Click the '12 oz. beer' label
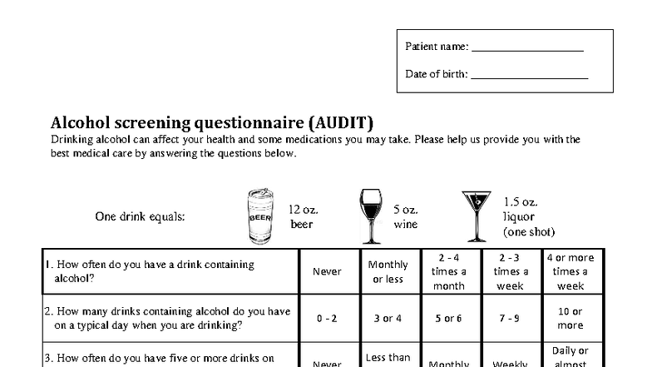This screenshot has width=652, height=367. pyautogui.click(x=303, y=217)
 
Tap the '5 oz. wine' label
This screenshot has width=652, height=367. pyautogui.click(x=405, y=217)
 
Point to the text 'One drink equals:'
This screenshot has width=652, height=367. pyautogui.click(x=140, y=217)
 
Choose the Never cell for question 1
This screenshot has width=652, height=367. pyautogui.click(x=327, y=271)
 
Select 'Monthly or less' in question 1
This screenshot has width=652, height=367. pyautogui.click(x=388, y=271)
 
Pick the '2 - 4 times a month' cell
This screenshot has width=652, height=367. pyautogui.click(x=449, y=271)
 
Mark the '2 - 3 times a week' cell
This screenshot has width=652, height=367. pyautogui.click(x=511, y=271)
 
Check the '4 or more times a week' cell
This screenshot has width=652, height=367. pyautogui.click(x=570, y=271)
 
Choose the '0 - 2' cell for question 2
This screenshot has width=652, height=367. pyautogui.click(x=327, y=319)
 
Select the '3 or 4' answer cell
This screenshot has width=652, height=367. pyautogui.click(x=388, y=319)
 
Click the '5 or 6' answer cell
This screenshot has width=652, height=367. pyautogui.click(x=449, y=319)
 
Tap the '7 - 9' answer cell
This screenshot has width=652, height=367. pyautogui.click(x=511, y=319)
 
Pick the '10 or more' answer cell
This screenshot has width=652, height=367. pyautogui.click(x=570, y=319)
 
